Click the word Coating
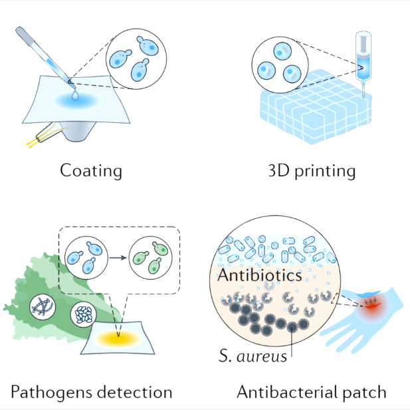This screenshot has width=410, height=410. [x=91, y=171]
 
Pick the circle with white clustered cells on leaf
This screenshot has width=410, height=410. [x=84, y=314]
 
